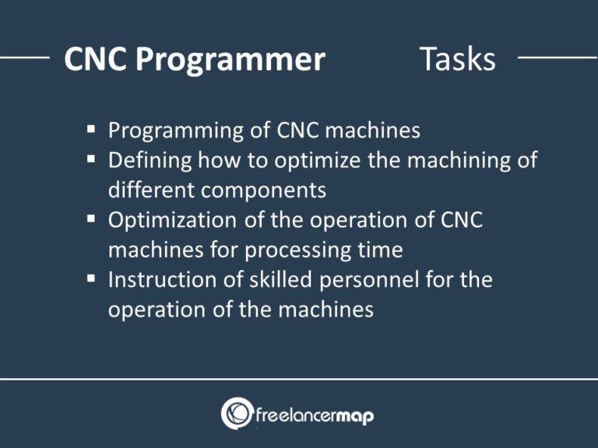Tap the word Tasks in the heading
457,59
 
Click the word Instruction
160,280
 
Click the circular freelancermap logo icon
237,413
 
